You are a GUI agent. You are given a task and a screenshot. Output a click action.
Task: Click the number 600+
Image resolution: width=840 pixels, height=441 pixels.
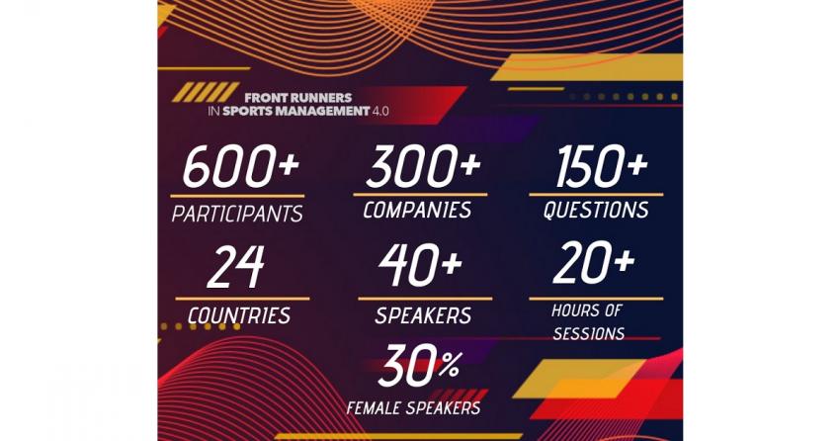(x=240, y=166)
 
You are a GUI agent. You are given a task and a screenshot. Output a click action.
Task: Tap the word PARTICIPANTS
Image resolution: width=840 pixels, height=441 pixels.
(x=237, y=214)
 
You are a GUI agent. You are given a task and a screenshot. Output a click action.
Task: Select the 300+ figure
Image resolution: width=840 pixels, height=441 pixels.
(x=423, y=166)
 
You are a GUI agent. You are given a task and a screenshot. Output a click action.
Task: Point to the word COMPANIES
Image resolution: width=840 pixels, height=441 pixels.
(x=417, y=210)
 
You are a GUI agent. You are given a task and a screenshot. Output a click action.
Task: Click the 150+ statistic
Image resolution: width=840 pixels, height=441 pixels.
(x=602, y=166)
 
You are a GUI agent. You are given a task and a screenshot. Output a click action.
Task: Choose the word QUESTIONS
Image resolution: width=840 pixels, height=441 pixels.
(x=596, y=210)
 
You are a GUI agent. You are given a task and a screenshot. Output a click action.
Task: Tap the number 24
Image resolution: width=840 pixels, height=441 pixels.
(x=236, y=267)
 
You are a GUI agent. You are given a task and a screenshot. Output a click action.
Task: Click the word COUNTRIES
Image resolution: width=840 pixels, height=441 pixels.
(x=239, y=315)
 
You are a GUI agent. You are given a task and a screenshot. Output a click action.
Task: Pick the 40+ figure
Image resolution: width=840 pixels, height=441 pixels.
(x=421, y=265)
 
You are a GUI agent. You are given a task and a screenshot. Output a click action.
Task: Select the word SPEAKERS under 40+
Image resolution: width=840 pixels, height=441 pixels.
(x=423, y=315)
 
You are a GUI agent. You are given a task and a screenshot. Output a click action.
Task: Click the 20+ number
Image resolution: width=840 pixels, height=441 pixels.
(x=594, y=263)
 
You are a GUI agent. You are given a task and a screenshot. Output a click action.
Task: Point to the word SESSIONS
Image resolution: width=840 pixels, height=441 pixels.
(x=589, y=334)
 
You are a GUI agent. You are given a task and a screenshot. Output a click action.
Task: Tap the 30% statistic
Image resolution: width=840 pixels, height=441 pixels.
(x=419, y=366)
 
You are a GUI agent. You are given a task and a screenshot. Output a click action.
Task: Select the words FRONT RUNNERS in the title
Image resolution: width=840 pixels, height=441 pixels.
(x=297, y=98)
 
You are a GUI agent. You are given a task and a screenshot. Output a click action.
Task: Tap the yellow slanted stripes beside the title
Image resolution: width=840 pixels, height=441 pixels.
(x=206, y=92)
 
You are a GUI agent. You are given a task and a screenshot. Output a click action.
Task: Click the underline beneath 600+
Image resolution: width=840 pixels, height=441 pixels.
(x=237, y=196)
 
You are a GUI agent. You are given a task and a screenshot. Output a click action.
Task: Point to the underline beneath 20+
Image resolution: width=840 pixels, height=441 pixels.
(x=596, y=299)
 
